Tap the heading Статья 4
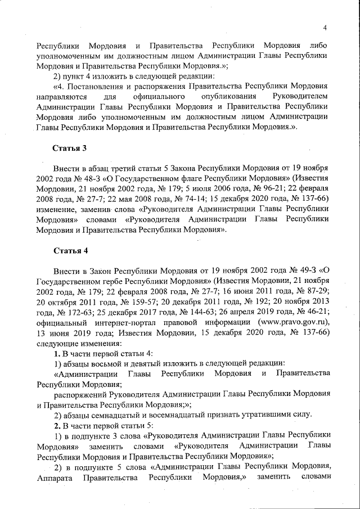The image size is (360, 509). coord(70,250)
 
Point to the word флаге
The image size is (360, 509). coord(170,179)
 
